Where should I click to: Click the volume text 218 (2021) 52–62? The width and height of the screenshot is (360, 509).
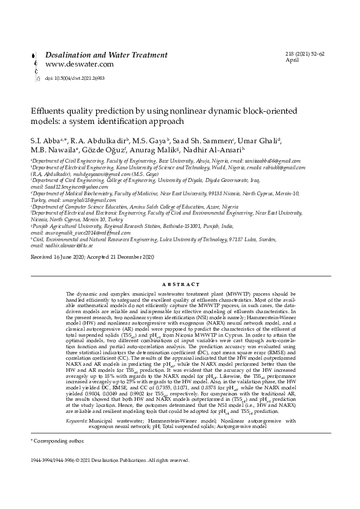pos(305,54)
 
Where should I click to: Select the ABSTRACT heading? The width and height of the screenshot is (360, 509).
pos(180,284)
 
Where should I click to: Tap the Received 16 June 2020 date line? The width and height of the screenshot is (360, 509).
pos(93,274)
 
